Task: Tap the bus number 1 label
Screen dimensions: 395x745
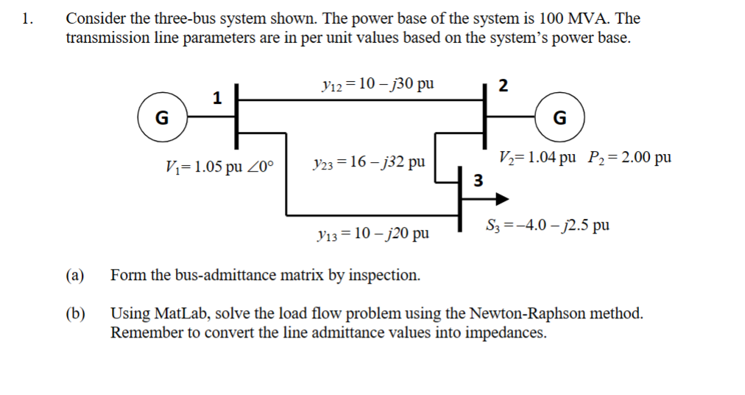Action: point(216,97)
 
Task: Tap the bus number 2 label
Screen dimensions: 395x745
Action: point(503,85)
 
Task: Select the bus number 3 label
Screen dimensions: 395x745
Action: point(477,180)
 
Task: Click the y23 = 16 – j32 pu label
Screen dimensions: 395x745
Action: point(368,161)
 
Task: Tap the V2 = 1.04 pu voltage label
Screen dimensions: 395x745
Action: point(537,157)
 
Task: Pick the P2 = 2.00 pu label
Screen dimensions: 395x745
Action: point(629,157)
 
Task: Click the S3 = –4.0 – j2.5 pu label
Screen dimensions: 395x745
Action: point(547,225)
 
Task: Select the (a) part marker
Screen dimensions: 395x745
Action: point(74,276)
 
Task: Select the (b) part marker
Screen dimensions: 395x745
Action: point(74,313)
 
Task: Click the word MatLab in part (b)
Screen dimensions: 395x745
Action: point(177,313)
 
